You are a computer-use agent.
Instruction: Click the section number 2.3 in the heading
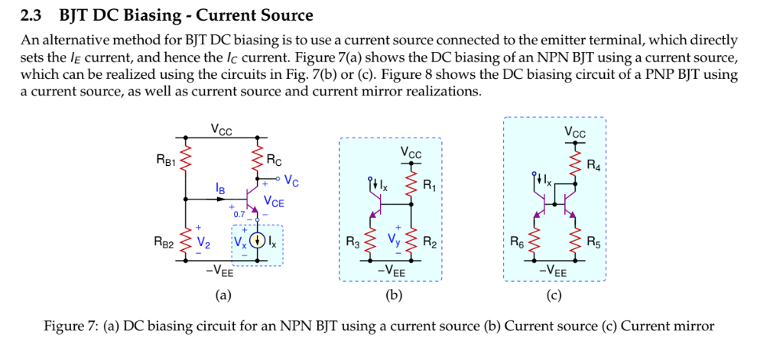[x=32, y=15]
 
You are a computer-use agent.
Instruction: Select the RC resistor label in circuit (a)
[x=274, y=161]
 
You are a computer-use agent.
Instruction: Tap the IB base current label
[x=220, y=187]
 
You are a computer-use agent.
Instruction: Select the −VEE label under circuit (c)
[x=553, y=271]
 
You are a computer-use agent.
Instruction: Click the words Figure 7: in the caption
[x=71, y=326]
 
